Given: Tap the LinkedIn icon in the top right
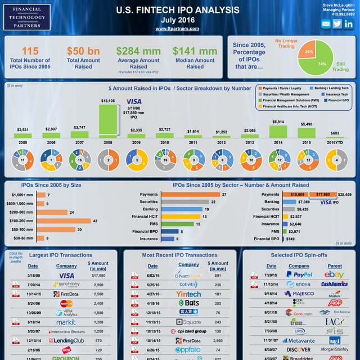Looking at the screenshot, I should [x=349, y=24].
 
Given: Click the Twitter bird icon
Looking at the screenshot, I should [x=337, y=24].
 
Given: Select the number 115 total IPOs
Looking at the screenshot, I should [x=30, y=51].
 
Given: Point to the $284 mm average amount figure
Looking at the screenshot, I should [x=138, y=51].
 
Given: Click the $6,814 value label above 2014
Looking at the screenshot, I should [x=278, y=122].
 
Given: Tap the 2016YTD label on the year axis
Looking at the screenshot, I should [x=335, y=143].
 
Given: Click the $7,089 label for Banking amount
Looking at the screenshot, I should [x=304, y=201].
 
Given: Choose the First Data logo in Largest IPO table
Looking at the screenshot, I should [x=66, y=294].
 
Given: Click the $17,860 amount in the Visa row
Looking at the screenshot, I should [x=98, y=276].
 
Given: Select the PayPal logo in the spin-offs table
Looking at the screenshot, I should [x=299, y=274].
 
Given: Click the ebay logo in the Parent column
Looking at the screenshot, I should [x=334, y=274].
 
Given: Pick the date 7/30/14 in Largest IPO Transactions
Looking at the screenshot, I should [x=33, y=285].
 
